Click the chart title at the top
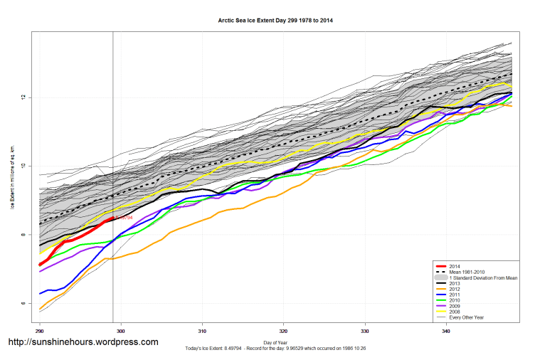click(x=275, y=21)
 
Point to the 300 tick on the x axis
click(x=121, y=331)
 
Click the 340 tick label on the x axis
click(x=446, y=331)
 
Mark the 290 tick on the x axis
click(x=40, y=331)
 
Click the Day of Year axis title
click(x=275, y=343)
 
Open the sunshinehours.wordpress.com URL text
click(x=83, y=342)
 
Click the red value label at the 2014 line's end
click(x=125, y=218)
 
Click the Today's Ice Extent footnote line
click(x=275, y=348)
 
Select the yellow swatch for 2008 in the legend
click(x=443, y=311)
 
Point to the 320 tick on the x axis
click(x=283, y=331)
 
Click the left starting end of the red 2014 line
click(x=40, y=265)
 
